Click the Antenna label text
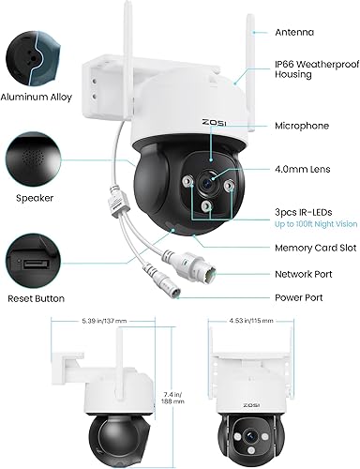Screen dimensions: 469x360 [x=295, y=33]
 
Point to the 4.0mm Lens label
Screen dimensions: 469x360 [x=299, y=171]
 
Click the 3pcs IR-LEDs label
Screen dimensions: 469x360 [x=302, y=214]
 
